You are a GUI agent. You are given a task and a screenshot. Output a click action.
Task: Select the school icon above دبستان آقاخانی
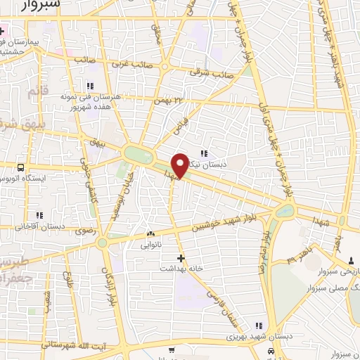point(37,216)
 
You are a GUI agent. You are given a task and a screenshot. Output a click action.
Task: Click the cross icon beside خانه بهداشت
point(181,257)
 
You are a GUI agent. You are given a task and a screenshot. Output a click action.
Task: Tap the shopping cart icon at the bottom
point(171,349)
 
